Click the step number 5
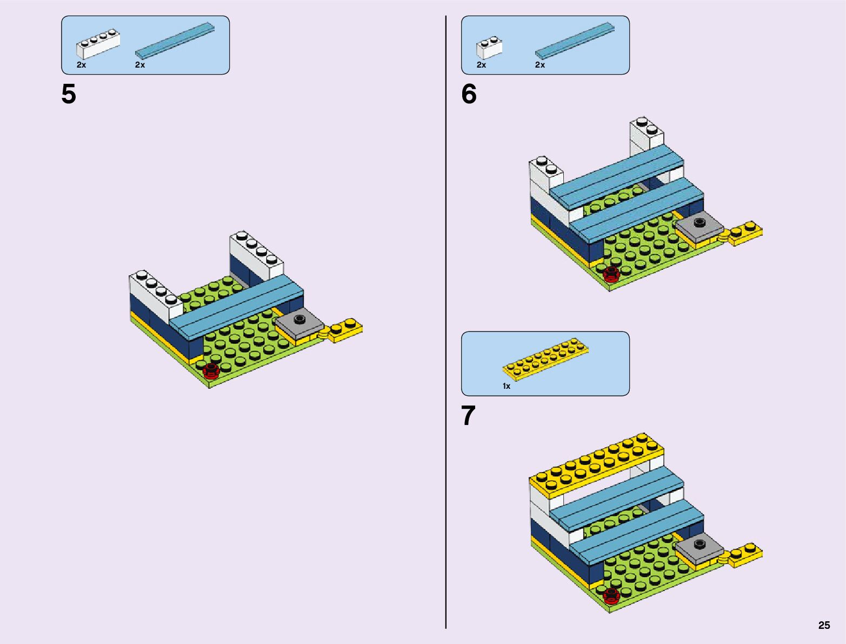point(69,95)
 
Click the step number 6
point(469,95)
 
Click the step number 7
point(469,416)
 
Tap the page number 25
point(824,625)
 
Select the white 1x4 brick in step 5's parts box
point(98,44)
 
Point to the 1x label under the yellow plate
point(507,386)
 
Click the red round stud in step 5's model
point(211,370)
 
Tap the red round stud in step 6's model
point(611,274)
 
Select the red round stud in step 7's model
point(611,595)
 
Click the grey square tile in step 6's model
point(700,227)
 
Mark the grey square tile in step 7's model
point(700,548)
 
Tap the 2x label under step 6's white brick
point(481,65)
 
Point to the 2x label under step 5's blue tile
point(140,65)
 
